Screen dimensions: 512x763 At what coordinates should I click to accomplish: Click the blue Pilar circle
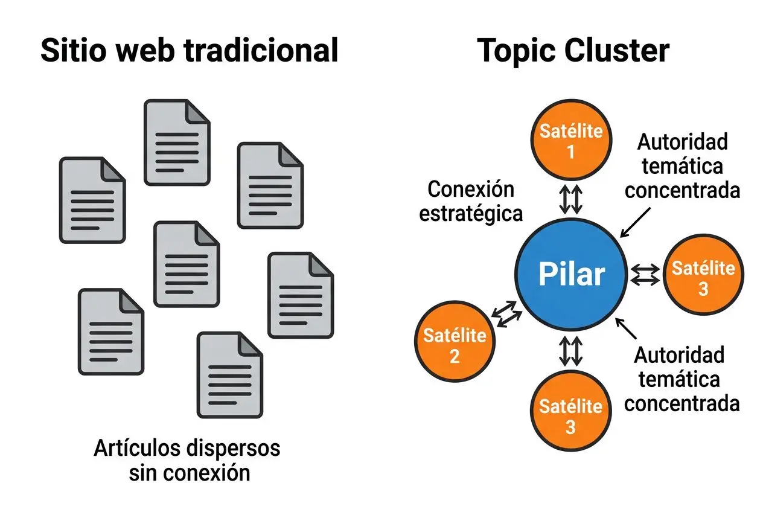[570, 275]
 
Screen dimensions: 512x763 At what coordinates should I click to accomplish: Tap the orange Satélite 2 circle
[455, 345]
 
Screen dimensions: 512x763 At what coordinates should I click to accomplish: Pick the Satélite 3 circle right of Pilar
[703, 277]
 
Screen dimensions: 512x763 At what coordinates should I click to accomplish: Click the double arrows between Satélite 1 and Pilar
[570, 199]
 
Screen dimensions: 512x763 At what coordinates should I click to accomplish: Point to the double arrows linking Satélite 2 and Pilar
[505, 315]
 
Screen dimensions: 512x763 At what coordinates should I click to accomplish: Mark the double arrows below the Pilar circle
[570, 351]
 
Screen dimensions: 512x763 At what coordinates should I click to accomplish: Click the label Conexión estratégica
[471, 202]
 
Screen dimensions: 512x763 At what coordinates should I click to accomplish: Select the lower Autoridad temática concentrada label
[682, 379]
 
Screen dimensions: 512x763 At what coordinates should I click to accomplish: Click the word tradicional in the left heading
[261, 51]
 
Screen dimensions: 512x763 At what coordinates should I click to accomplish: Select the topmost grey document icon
[176, 138]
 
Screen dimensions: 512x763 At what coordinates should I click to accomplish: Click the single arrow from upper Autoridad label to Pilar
[636, 222]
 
